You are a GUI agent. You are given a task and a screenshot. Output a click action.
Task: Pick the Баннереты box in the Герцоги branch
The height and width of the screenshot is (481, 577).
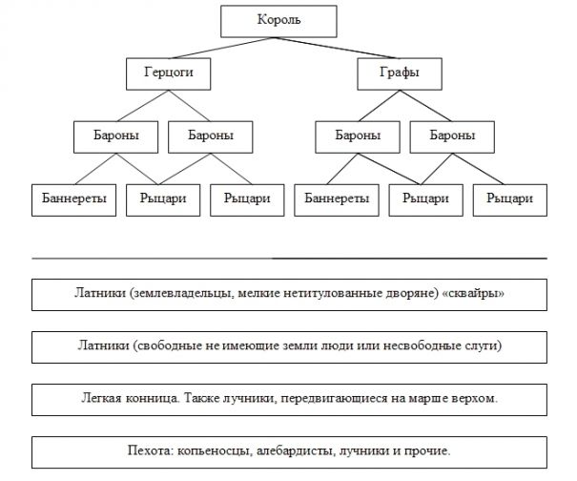click(72, 199)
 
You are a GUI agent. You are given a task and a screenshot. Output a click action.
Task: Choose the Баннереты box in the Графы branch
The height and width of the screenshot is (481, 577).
click(337, 199)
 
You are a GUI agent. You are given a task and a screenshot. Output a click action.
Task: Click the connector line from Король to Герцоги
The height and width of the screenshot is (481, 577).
click(205, 46)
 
